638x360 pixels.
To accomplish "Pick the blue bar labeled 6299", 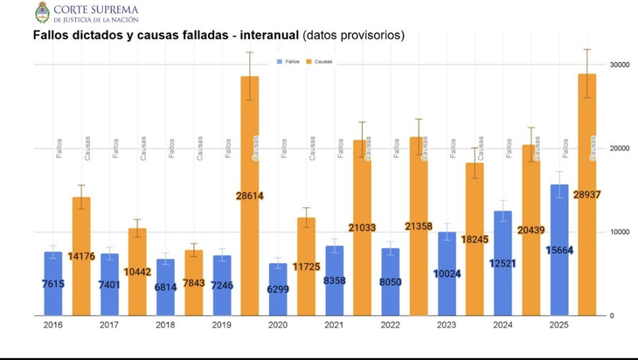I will (x=278, y=289).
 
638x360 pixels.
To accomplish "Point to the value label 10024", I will (x=447, y=273).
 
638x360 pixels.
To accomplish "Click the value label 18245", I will (x=475, y=239).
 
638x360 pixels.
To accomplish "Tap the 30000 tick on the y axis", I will (x=621, y=65).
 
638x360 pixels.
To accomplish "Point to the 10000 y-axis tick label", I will (x=621, y=232).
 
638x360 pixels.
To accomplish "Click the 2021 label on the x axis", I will (x=333, y=325).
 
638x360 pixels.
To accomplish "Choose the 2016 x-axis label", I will (x=52, y=325).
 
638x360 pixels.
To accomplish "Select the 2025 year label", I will (x=558, y=325).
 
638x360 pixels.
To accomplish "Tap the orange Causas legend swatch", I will (x=309, y=62).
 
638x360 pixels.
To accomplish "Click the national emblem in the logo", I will (x=41, y=12).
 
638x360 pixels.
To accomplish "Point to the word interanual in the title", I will (x=263, y=36).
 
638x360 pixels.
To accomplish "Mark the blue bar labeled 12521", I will (x=503, y=263).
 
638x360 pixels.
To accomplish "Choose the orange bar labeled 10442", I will (x=137, y=272).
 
